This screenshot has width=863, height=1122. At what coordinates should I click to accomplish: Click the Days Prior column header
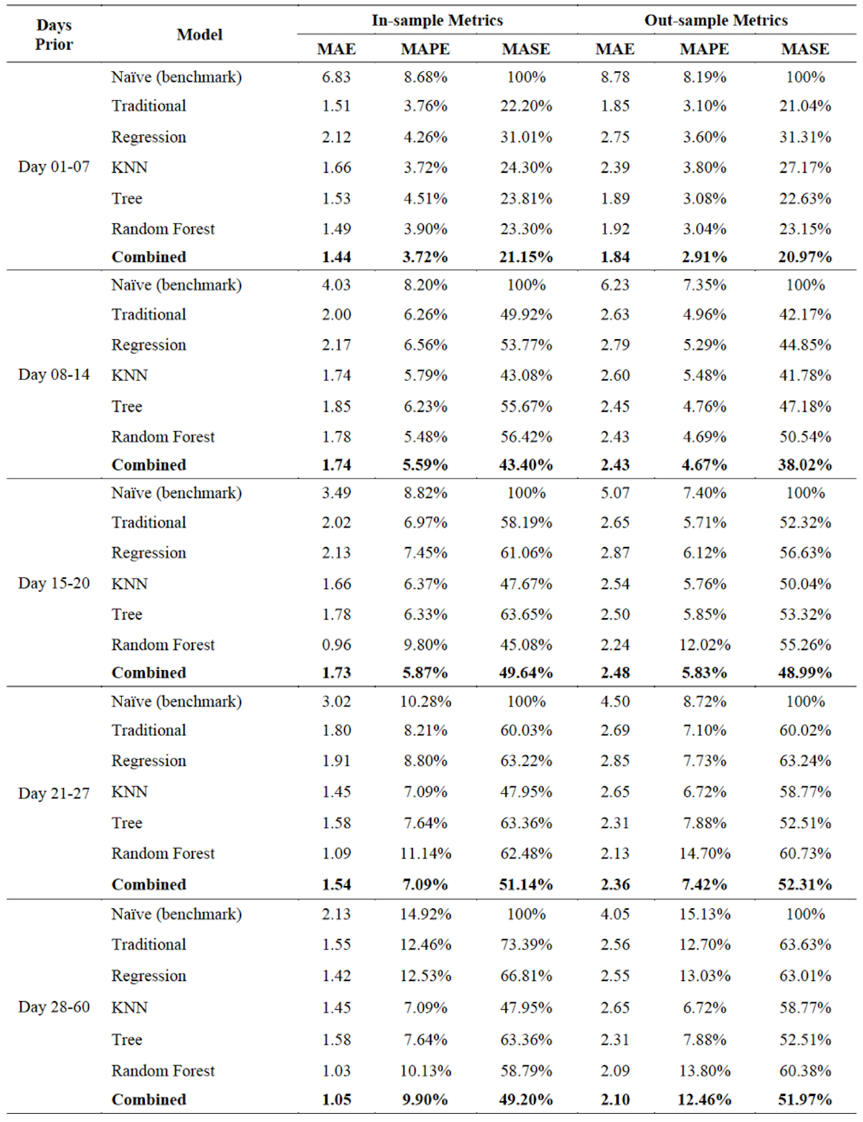pyautogui.click(x=53, y=35)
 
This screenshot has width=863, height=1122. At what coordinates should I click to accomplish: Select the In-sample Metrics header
pyautogui.click(x=437, y=20)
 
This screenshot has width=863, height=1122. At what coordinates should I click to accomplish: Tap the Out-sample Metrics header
pyautogui.click(x=716, y=20)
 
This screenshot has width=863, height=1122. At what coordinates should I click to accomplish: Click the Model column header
pyautogui.click(x=200, y=35)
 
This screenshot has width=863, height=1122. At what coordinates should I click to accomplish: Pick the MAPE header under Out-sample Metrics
pyautogui.click(x=704, y=49)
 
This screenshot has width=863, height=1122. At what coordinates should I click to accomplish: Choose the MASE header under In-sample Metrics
pyautogui.click(x=526, y=49)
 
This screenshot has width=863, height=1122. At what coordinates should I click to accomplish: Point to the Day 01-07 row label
pyautogui.click(x=53, y=167)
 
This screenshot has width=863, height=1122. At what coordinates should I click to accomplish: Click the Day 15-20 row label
pyautogui.click(x=53, y=583)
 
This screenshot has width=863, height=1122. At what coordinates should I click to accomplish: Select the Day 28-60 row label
pyautogui.click(x=53, y=1006)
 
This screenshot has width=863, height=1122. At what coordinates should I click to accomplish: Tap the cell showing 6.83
pyautogui.click(x=336, y=77)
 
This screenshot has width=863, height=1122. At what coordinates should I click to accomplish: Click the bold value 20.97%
pyautogui.click(x=804, y=257)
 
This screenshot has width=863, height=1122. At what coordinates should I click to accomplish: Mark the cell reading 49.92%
pyautogui.click(x=526, y=315)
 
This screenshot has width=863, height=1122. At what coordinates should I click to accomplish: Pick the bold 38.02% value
pyautogui.click(x=804, y=465)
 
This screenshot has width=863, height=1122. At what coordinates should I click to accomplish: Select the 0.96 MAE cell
pyautogui.click(x=336, y=644)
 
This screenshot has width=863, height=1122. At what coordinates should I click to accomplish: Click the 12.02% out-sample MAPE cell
pyautogui.click(x=704, y=644)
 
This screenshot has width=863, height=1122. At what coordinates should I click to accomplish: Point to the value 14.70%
pyautogui.click(x=704, y=853)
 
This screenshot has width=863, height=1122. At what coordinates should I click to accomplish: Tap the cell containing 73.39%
pyautogui.click(x=526, y=945)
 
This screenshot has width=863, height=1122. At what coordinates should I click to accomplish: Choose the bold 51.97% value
pyautogui.click(x=804, y=1099)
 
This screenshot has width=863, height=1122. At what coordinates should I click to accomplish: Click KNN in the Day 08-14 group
pyautogui.click(x=129, y=375)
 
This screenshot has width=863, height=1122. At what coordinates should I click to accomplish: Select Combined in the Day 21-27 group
pyautogui.click(x=149, y=885)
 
